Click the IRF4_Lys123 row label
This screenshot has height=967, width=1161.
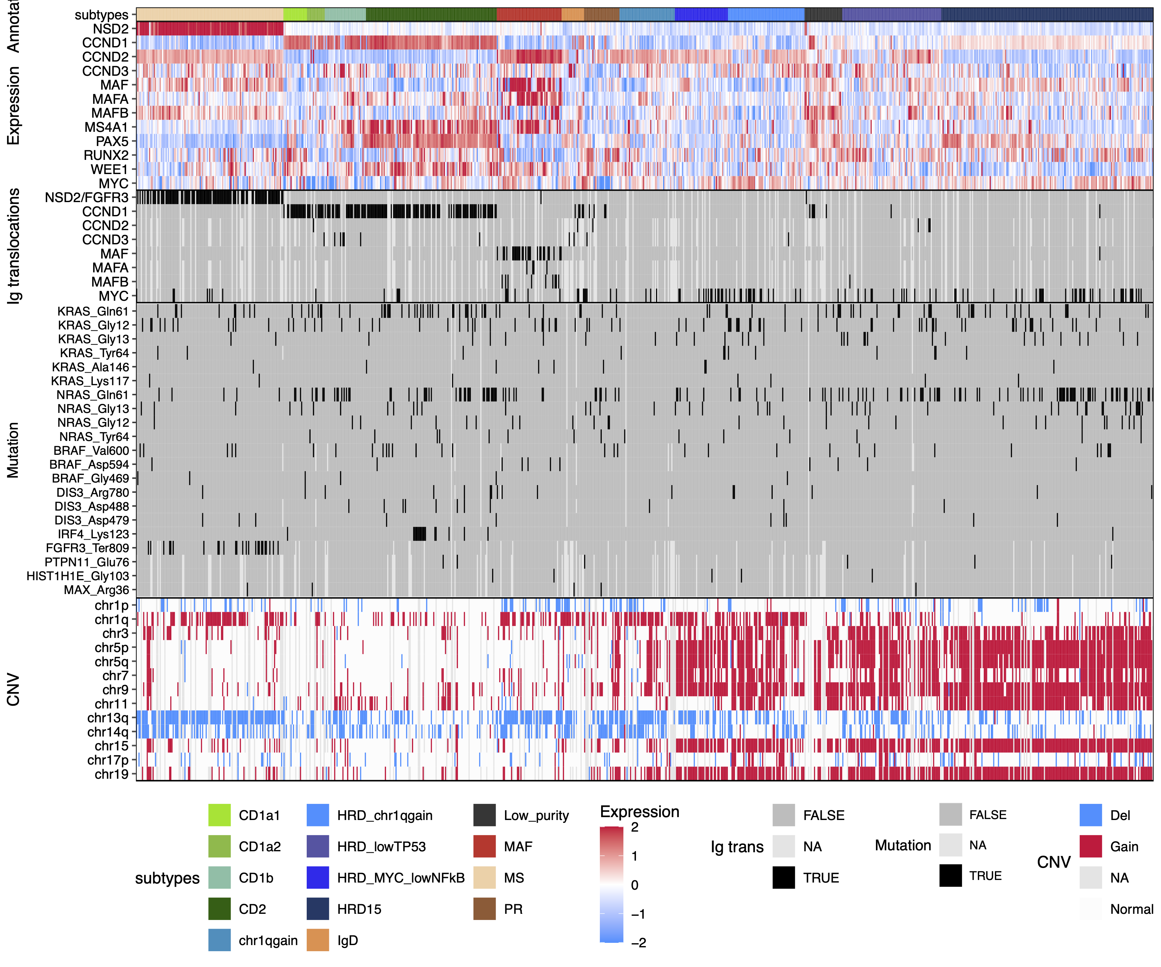[93, 534]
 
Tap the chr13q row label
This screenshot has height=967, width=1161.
[107, 718]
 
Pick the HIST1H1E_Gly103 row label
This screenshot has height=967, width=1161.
[77, 576]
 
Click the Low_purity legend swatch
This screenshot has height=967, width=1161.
[484, 816]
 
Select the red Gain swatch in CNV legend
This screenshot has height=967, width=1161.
[1090, 846]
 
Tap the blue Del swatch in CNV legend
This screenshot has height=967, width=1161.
[1090, 816]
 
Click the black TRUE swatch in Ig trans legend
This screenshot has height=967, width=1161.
[783, 878]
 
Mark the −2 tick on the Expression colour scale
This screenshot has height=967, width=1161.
[639, 943]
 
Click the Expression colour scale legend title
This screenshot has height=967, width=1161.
[640, 812]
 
